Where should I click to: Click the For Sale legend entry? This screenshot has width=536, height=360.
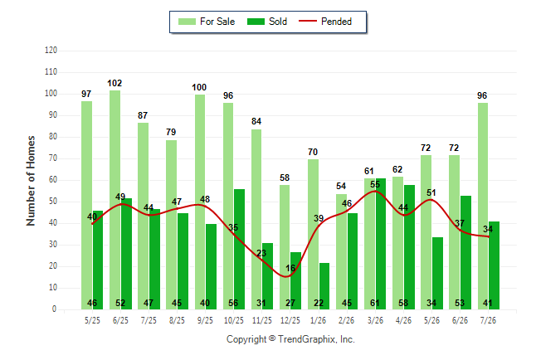207,22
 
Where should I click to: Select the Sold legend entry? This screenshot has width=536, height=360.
267,22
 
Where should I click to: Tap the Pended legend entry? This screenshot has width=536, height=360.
325,22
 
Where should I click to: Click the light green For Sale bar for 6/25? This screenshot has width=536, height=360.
115,200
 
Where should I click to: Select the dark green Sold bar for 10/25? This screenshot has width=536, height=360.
239,249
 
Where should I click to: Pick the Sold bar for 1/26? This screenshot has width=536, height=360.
324,286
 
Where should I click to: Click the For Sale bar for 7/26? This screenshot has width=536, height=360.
483,207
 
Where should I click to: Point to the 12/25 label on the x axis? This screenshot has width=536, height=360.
290,320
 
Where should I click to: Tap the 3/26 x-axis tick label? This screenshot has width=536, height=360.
375,320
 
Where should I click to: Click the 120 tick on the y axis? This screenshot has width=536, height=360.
51,51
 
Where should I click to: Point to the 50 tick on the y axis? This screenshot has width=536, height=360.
52,202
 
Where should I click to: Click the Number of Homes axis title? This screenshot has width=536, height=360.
31,181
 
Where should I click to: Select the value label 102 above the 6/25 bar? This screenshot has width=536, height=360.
115,83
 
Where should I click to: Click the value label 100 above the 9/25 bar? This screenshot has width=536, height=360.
199,87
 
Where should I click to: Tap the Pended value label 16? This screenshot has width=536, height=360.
290,268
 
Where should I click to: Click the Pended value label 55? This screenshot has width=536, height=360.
375,184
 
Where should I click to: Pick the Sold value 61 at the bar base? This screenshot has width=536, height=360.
375,303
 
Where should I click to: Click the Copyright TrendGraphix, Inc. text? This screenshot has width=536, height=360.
290,339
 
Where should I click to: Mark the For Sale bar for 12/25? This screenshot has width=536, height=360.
285,247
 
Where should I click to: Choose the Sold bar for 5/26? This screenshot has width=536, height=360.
437,273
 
